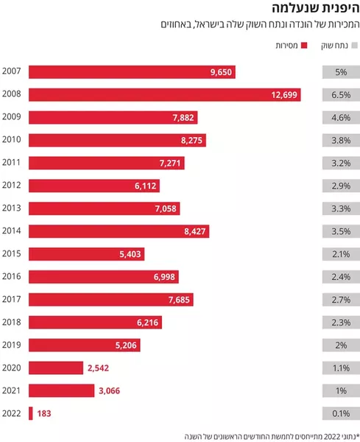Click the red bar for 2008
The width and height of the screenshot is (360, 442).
tap(164, 95)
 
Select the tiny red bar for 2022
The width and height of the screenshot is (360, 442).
tap(31, 413)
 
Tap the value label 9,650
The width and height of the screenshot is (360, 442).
tap(221, 72)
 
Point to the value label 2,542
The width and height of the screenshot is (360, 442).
tap(98, 368)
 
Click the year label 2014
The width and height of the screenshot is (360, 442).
tap(12, 231)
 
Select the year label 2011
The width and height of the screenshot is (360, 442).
tap(12, 162)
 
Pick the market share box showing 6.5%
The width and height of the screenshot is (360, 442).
tap(341, 95)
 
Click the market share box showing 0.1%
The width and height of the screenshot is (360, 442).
tap(341, 413)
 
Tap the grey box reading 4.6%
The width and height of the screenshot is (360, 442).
tap(341, 118)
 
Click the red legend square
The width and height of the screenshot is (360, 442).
tap(304, 46)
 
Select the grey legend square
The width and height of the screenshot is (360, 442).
tap(355, 46)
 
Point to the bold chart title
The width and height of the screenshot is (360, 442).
tap(316, 8)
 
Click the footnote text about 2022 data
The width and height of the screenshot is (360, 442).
tap(272, 437)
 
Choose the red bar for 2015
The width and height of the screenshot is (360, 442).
tap(86, 254)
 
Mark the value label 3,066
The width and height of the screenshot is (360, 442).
tap(109, 390)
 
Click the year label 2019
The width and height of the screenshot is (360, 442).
tap(12, 345)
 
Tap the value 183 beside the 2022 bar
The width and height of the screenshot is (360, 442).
tap(44, 413)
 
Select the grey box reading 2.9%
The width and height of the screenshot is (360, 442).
tap(341, 186)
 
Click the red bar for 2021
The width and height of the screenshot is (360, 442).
tap(61, 390)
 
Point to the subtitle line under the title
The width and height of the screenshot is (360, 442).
tap(261, 24)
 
